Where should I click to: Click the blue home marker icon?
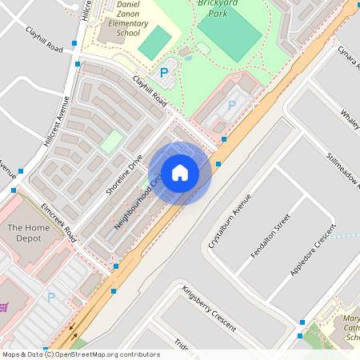point(180,173)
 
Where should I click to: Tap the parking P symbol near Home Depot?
point(51,298)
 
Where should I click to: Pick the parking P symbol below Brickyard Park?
point(232,105)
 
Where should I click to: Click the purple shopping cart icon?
point(4,306)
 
